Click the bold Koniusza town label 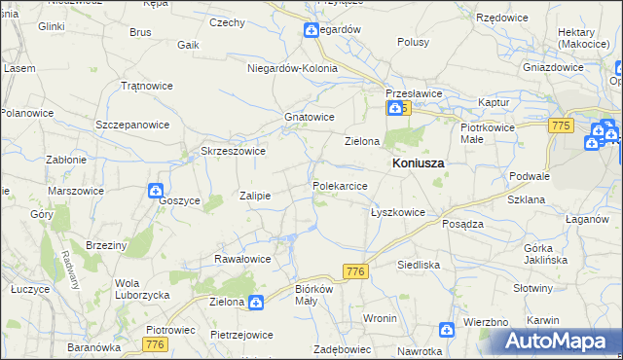(418, 164)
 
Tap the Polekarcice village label (340, 185)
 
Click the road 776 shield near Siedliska (354, 272)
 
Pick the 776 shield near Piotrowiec (154, 344)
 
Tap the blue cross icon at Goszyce (156, 191)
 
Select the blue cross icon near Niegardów (311, 30)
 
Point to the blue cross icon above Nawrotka (446, 331)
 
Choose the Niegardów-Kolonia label (292, 69)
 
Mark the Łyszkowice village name (397, 212)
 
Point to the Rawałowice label (242, 259)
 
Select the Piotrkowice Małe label (485, 133)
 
